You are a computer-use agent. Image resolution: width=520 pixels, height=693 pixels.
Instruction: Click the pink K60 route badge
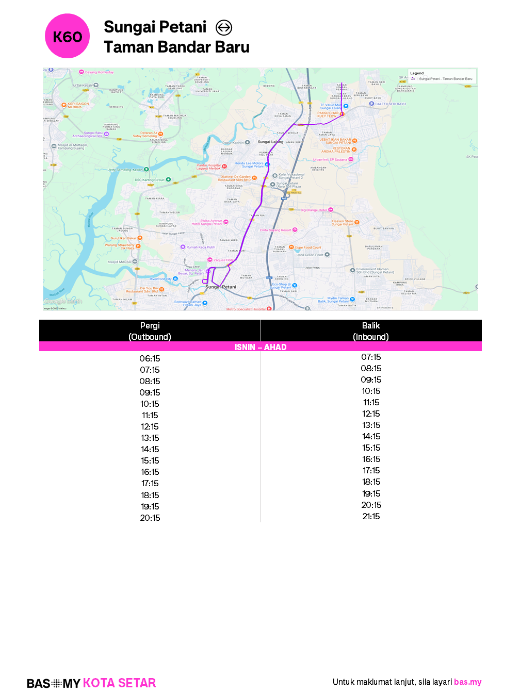[67, 36]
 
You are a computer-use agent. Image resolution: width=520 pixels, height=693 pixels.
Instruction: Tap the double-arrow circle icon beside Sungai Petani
[224, 27]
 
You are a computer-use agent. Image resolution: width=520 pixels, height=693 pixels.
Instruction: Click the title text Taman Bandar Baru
[176, 47]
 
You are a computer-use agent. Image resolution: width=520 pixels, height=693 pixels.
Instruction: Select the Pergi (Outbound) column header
[150, 331]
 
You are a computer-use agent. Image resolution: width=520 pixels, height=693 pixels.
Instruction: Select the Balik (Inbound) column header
[371, 331]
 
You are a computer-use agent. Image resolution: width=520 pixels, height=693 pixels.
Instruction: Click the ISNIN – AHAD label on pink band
[261, 347]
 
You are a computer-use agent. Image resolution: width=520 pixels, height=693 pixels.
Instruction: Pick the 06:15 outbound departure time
[150, 358]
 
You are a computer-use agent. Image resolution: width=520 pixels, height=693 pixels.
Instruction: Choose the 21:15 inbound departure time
[371, 516]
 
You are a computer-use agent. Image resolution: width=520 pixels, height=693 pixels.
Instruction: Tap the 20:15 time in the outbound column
[150, 518]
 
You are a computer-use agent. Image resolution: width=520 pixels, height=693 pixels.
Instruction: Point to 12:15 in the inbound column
[371, 414]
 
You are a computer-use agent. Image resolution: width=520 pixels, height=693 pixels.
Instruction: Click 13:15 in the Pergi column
[150, 438]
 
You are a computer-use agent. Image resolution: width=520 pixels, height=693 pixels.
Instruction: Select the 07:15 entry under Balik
[371, 357]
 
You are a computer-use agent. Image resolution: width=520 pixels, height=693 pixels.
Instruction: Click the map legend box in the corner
[442, 76]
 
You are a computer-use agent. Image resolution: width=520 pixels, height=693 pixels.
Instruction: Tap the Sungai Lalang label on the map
[270, 142]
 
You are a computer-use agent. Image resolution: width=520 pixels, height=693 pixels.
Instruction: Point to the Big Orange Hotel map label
[314, 210]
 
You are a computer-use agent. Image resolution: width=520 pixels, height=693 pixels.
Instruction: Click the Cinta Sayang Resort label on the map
[275, 230]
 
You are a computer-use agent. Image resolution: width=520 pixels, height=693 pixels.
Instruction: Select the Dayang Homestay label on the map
[99, 72]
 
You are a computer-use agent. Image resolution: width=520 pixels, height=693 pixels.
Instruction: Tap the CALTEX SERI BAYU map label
[391, 104]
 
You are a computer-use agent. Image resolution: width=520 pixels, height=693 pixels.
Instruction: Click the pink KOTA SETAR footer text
[119, 683]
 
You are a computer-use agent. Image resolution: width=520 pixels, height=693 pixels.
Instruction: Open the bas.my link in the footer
[467, 682]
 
